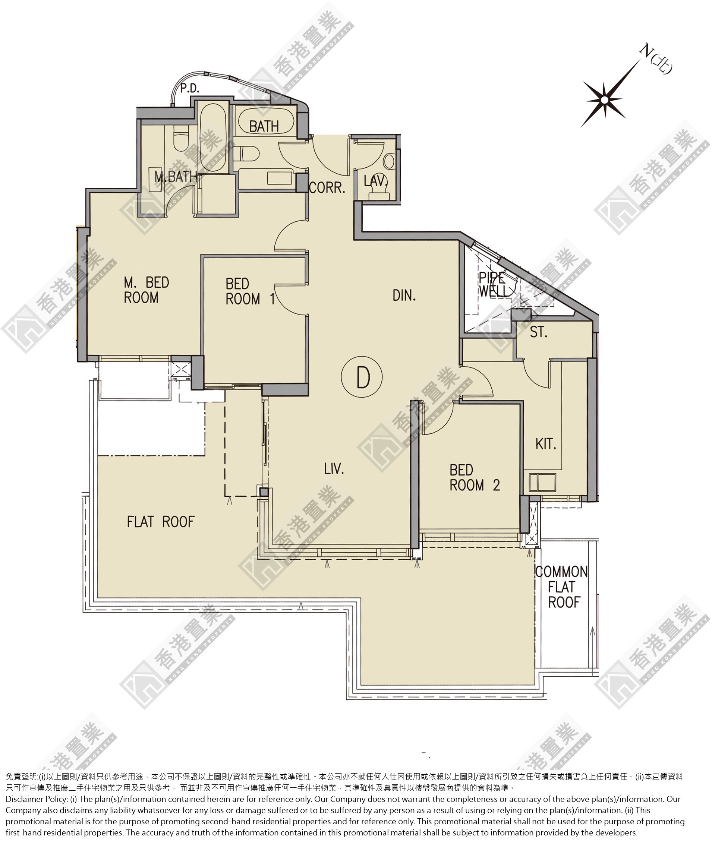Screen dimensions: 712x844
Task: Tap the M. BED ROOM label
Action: (146, 290)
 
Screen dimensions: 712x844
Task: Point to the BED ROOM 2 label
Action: (475, 478)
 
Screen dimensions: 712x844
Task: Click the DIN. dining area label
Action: (404, 296)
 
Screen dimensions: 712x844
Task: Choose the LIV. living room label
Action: (334, 469)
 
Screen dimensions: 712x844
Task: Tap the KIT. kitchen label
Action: (546, 444)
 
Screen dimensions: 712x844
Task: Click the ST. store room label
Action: (538, 332)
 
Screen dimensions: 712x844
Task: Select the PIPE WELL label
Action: (492, 284)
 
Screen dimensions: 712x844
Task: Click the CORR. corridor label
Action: (327, 187)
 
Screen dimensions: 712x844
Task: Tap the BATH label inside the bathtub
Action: (264, 126)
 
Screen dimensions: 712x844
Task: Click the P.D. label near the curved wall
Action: (190, 88)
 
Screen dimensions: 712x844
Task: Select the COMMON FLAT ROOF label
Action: (561, 587)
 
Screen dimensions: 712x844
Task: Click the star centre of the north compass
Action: (604, 99)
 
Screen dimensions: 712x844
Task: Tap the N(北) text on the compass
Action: (655, 59)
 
